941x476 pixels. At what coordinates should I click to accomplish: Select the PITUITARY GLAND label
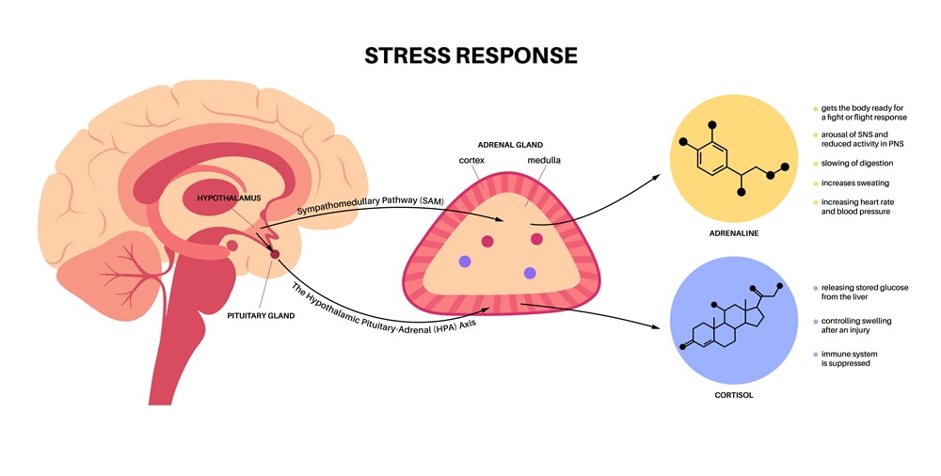click(261, 316)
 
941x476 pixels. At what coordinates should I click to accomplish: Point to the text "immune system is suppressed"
click(854, 358)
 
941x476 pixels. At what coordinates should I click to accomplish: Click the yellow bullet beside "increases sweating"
click(816, 182)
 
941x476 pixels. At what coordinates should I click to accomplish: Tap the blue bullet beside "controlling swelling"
click(816, 321)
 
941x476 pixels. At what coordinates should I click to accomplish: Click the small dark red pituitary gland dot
click(275, 254)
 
